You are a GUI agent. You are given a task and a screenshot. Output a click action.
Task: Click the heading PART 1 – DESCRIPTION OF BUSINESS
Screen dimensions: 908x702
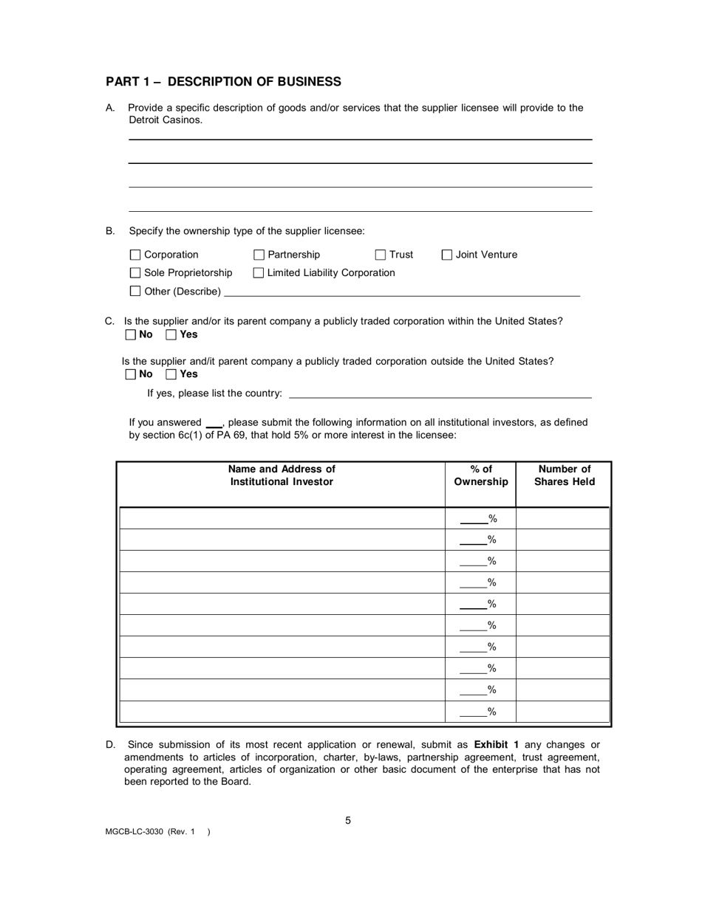point(223,82)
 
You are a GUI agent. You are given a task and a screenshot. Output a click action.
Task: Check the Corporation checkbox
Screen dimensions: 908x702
point(134,255)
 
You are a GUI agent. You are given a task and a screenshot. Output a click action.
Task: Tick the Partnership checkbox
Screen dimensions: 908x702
point(259,255)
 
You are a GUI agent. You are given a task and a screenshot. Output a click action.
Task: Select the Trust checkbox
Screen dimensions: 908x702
point(381,255)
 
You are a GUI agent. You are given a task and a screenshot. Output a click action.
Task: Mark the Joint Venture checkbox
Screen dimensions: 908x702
point(446,255)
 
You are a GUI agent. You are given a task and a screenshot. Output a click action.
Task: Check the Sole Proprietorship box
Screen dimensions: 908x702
point(134,273)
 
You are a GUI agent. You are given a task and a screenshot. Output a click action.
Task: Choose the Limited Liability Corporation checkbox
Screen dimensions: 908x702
point(259,273)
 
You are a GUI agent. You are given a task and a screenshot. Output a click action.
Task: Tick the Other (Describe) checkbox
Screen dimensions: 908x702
point(134,291)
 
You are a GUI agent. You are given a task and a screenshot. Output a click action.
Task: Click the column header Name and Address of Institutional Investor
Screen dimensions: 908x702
point(282,475)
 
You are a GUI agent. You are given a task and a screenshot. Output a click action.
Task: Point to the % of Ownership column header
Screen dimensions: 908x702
point(480,475)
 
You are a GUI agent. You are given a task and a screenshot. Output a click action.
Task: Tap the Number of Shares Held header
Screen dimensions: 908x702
point(564,475)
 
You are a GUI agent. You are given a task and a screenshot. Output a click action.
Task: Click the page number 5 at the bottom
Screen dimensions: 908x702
point(348,820)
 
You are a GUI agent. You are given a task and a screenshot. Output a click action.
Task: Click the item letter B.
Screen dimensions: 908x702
point(110,231)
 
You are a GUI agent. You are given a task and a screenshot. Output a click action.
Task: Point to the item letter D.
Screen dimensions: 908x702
point(110,744)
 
